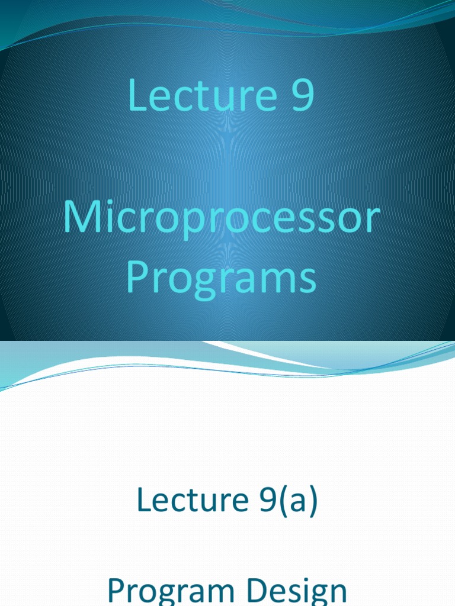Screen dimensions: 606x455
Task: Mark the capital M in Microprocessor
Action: [x=81, y=217]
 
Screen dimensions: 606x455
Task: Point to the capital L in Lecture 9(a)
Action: [x=144, y=500]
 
